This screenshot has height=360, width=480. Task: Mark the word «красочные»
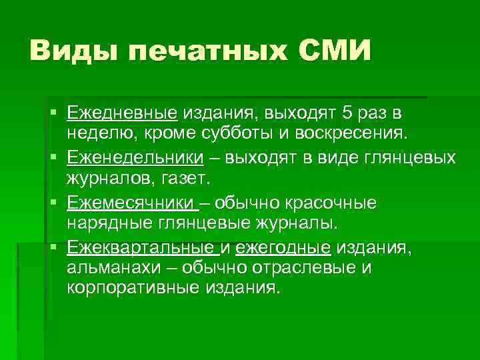click(337, 202)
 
